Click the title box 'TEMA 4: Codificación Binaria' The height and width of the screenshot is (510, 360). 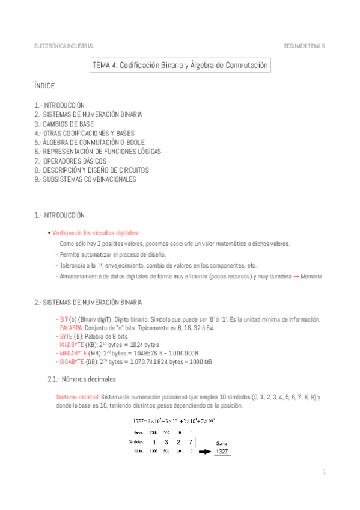point(180,65)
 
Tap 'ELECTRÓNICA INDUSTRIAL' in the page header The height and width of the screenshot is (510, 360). point(64,46)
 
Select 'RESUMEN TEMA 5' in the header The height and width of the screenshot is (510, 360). point(304,46)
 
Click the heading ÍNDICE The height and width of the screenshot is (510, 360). point(44,87)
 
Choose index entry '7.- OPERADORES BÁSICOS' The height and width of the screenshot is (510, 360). point(71,161)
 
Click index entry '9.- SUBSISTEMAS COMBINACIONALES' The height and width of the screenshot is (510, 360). point(85,179)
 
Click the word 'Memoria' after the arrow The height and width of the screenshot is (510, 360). point(311,277)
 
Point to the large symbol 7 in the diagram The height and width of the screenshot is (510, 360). point(182,442)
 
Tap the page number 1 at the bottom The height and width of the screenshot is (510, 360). point(323,472)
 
